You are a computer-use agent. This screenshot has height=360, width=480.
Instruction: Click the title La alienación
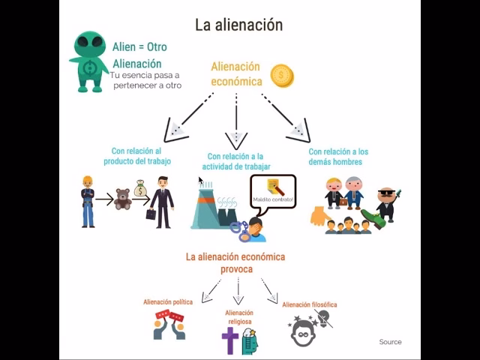tap(238, 25)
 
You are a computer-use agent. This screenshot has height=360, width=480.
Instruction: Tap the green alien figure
tap(90, 62)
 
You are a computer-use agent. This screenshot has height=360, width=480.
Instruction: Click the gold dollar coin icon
tap(282, 75)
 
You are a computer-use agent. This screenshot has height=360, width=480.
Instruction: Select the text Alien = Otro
tap(139, 46)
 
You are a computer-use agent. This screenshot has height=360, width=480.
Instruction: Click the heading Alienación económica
tap(235, 73)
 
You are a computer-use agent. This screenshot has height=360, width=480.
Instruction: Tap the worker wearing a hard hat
tap(88, 200)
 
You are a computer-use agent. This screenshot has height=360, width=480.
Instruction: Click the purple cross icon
tap(230, 340)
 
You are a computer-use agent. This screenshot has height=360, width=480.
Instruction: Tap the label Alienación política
tap(168, 302)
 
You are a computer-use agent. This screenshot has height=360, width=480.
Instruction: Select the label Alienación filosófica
tap(309, 305)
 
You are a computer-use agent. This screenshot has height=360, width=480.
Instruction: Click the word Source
tap(390, 342)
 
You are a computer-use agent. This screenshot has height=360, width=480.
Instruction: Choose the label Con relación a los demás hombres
tap(338, 157)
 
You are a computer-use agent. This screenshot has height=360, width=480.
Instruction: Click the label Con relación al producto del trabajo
tap(136, 157)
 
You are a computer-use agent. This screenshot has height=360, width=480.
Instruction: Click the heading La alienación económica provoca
tap(235, 262)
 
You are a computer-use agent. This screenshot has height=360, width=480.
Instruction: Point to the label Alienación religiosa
tap(239, 316)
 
